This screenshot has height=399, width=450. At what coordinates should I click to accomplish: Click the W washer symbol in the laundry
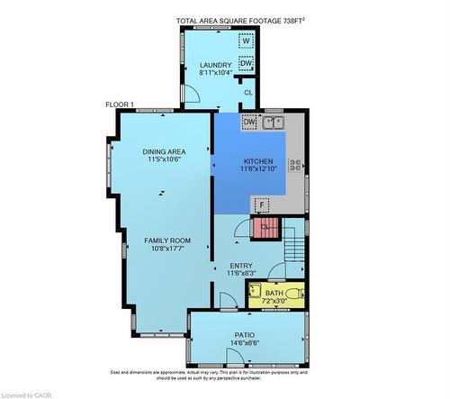coord(246,41)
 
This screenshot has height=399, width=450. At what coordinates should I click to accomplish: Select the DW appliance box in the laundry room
coord(246,62)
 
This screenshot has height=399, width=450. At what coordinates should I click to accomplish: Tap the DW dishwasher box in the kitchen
coord(249,122)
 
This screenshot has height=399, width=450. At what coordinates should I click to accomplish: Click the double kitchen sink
coord(274,122)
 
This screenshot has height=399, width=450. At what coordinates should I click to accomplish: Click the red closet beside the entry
coord(265,227)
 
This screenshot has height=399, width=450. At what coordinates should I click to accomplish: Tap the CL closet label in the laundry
coord(248,92)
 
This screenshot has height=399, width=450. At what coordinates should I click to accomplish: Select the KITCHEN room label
coord(256,163)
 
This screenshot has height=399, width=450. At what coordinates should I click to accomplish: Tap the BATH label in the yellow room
coord(274,292)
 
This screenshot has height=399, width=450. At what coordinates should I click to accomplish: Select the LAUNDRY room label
coord(216,65)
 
